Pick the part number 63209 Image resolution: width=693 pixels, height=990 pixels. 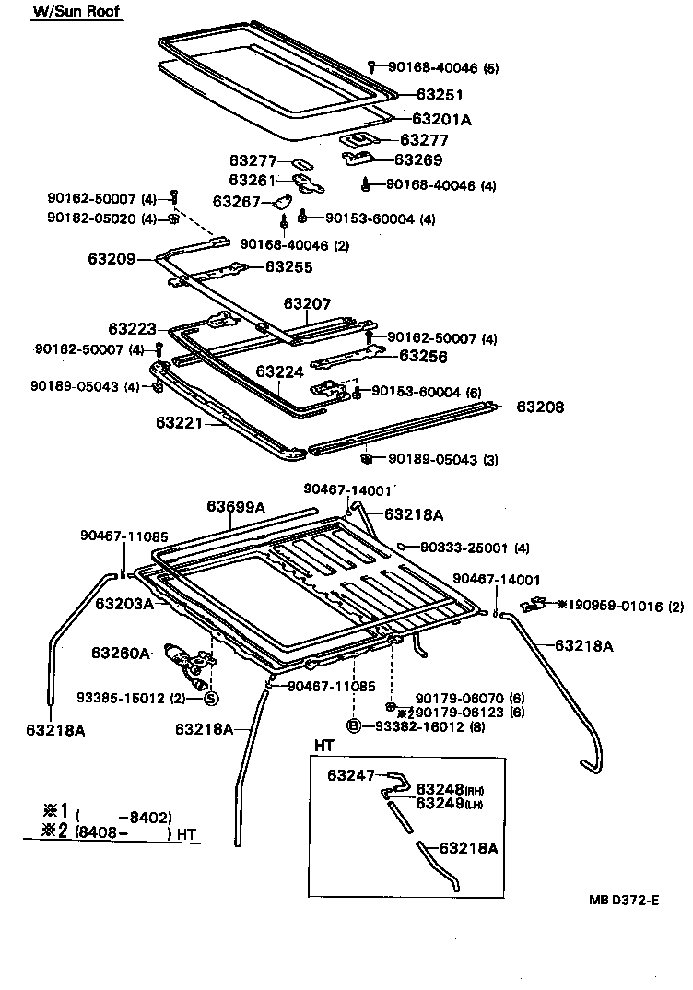112,259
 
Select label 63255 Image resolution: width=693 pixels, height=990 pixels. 289,267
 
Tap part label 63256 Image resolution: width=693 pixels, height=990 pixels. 422,355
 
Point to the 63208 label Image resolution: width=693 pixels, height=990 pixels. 539,407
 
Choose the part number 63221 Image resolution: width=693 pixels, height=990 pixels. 180,423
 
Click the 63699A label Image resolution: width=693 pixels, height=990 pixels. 236,506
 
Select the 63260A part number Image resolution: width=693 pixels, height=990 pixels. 121,653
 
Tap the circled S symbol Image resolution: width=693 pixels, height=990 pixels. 210,698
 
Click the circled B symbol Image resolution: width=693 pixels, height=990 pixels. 355,727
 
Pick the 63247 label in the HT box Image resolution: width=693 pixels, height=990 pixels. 351,775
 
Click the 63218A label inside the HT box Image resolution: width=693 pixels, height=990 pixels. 468,848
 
